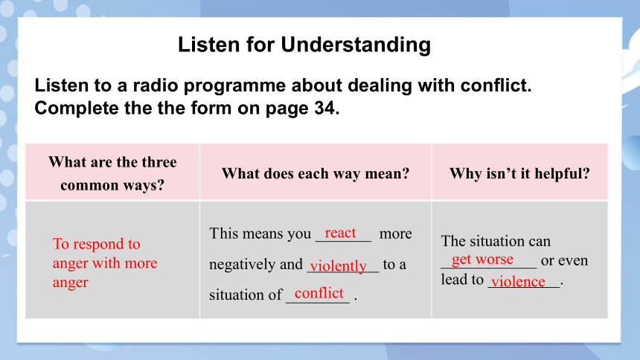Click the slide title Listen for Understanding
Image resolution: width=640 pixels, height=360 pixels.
(x=304, y=45)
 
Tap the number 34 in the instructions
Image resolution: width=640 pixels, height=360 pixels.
(x=324, y=108)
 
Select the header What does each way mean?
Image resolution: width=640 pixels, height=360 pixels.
(x=316, y=173)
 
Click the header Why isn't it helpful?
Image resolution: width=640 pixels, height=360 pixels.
(x=519, y=173)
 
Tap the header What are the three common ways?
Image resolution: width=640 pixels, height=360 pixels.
(x=112, y=173)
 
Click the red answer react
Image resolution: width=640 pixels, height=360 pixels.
(x=340, y=233)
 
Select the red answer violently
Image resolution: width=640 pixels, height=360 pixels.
(x=339, y=266)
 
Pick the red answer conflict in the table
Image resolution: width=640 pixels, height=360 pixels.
(x=319, y=293)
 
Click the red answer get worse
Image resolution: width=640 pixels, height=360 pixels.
(x=482, y=259)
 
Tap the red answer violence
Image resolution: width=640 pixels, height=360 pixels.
(x=518, y=281)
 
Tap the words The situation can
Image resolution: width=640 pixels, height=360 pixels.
(x=496, y=241)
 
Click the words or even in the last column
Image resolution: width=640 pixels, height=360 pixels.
(x=565, y=260)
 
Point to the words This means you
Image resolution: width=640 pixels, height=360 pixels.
(x=260, y=234)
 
